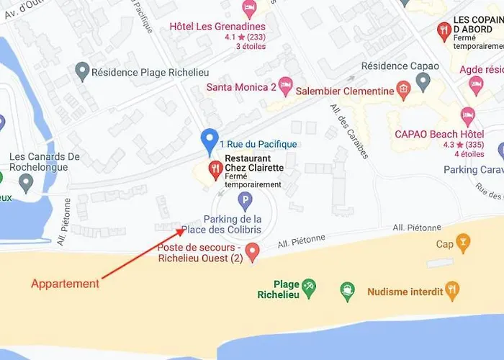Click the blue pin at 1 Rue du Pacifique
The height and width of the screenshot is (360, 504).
(210, 140)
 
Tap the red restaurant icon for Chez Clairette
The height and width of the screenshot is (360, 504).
(215, 170)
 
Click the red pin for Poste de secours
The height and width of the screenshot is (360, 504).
(252, 251)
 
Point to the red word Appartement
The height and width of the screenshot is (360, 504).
(65, 284)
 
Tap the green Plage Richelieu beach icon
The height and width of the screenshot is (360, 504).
(308, 287)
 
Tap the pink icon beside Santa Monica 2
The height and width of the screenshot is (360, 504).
(286, 86)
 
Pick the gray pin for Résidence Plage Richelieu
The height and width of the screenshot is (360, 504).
(82, 71)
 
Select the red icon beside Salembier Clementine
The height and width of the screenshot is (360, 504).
(403, 91)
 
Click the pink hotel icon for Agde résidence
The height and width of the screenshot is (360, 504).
(476, 84)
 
